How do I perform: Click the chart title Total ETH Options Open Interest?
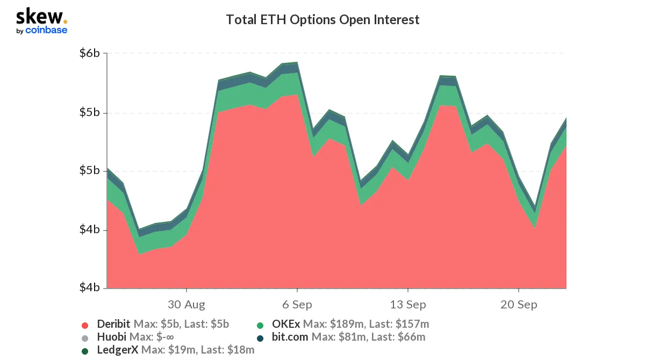click(322, 20)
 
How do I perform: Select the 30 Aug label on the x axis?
click(187, 305)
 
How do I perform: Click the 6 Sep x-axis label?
click(297, 305)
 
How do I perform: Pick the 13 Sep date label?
click(408, 305)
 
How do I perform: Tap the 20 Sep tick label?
click(519, 305)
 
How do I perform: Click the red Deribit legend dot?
click(85, 325)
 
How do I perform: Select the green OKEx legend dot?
click(260, 325)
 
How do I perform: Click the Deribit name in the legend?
click(114, 324)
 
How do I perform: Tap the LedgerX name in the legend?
click(117, 350)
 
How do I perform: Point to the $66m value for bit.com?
click(411, 337)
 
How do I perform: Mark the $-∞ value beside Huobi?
click(162, 337)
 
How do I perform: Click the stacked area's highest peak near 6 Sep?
click(297, 62)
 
